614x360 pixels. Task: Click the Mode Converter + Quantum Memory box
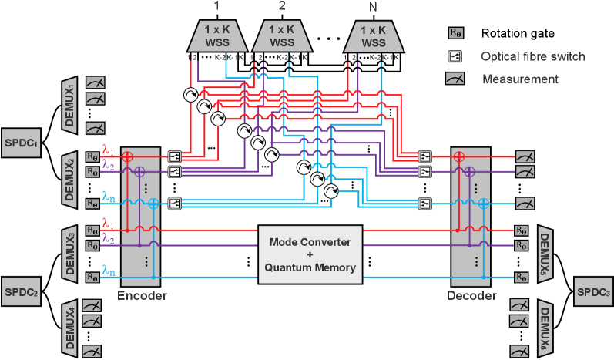coord(310,255)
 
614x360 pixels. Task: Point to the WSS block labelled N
coord(373,37)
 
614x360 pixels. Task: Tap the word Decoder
coord(470,295)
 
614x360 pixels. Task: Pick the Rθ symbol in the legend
coord(455,33)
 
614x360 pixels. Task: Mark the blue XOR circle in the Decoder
coord(482,204)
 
